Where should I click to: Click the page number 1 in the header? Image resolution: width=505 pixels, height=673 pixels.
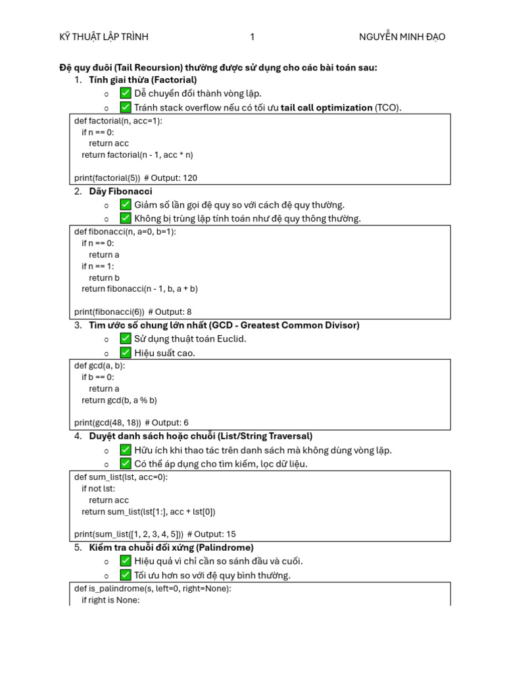tap(252, 37)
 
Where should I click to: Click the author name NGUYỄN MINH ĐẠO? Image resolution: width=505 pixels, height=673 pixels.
tap(402, 37)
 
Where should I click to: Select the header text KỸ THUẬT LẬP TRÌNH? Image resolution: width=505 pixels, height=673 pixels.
tap(104, 37)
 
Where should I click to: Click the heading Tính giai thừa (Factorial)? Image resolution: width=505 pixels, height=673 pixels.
tap(143, 80)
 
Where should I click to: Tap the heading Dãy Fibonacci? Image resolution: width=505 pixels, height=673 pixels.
tap(120, 191)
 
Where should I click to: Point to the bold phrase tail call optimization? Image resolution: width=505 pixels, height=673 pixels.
tap(326, 108)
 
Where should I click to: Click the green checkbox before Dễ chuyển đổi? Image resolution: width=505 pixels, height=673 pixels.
tap(126, 93)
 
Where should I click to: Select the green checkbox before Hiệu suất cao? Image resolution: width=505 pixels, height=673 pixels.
tap(126, 353)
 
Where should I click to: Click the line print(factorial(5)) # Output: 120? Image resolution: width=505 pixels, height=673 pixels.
tap(135, 177)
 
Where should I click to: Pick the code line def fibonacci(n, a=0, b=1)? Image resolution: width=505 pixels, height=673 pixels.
tap(125, 231)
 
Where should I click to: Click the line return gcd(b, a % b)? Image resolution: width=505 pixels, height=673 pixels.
tap(119, 400)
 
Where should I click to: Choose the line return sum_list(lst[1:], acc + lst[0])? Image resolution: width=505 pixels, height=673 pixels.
tap(148, 511)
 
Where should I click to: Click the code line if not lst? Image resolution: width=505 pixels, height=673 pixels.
tap(98, 488)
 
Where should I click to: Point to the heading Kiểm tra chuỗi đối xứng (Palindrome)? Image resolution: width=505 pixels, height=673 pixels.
tap(171, 547)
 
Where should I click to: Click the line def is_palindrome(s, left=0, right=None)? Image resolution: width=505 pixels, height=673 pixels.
tap(153, 588)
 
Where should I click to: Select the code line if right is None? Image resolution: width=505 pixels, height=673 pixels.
tap(110, 600)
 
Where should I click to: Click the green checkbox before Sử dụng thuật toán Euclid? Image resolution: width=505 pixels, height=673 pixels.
tap(126, 338)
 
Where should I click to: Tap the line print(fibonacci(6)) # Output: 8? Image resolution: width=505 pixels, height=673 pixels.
tap(133, 312)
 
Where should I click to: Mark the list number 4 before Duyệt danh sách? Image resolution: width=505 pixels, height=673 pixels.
tap(78, 436)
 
